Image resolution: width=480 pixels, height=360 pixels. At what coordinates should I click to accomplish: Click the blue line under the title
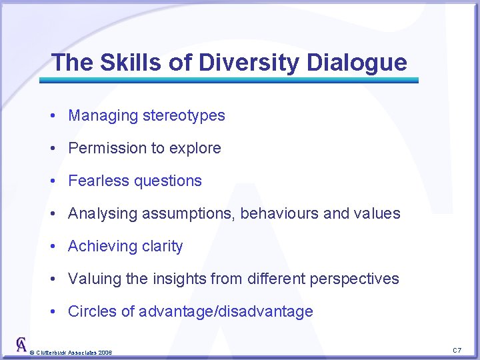(x=229, y=80)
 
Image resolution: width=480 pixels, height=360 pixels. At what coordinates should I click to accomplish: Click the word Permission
(x=107, y=148)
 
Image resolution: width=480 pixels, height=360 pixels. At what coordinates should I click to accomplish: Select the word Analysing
(x=101, y=213)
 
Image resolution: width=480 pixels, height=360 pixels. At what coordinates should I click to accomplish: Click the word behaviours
(x=279, y=213)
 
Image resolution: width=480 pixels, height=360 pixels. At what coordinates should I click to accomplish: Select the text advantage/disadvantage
(x=226, y=311)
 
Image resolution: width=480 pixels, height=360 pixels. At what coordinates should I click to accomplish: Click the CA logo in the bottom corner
(x=21, y=345)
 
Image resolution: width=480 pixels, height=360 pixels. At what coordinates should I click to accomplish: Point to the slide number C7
(x=457, y=350)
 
